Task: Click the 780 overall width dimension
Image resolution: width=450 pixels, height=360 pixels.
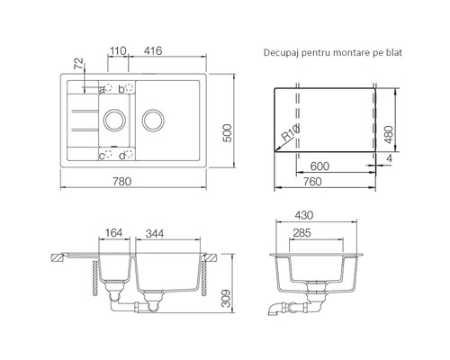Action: pyautogui.click(x=122, y=181)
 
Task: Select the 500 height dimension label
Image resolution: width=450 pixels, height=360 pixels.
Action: pyautogui.click(x=228, y=133)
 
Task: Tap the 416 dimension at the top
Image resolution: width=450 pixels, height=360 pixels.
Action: pyautogui.click(x=153, y=50)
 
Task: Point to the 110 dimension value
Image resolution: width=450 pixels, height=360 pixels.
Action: pyautogui.click(x=117, y=51)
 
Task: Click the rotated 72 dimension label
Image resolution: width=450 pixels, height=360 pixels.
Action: pyautogui.click(x=78, y=64)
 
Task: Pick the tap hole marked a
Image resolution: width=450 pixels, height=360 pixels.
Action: pyautogui.click(x=108, y=88)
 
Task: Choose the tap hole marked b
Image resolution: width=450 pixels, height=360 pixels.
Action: pyautogui.click(x=129, y=88)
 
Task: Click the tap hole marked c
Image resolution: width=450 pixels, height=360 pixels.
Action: pyautogui.click(x=108, y=154)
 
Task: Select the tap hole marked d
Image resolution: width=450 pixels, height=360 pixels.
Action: pyautogui.click(x=129, y=154)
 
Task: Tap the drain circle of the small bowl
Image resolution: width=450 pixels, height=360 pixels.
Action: pyautogui.click(x=114, y=109)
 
